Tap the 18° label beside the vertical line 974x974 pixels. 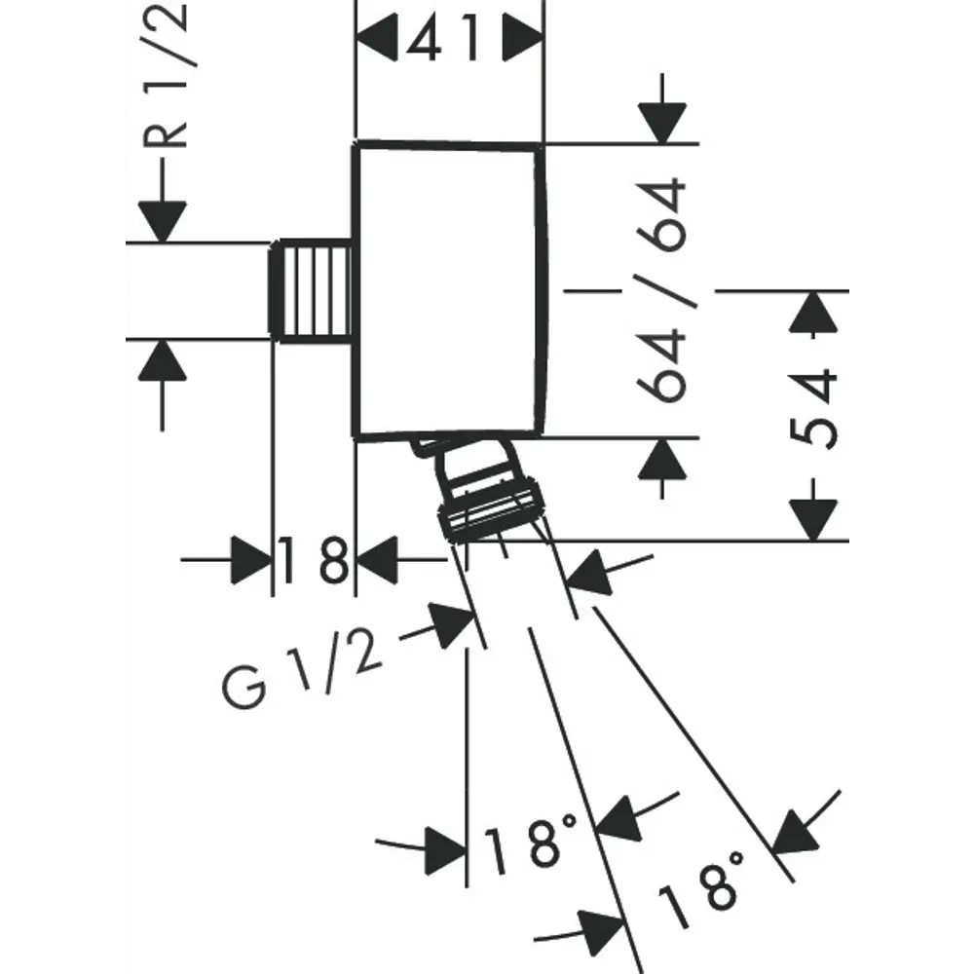coord(531,844)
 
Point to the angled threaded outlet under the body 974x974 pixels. coord(477,492)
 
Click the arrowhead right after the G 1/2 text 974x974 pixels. coord(451,624)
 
